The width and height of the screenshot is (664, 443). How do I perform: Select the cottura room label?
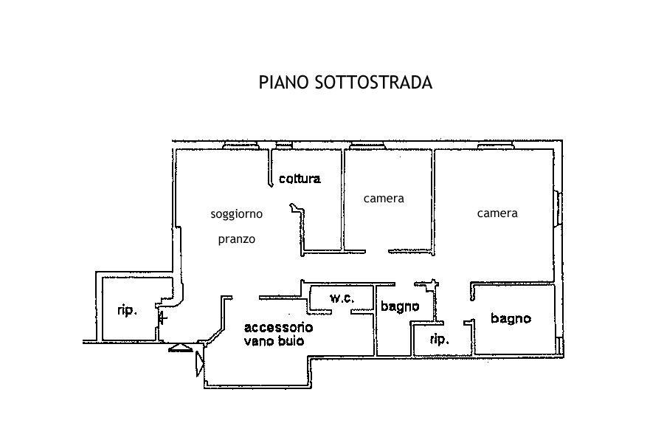click(300, 179)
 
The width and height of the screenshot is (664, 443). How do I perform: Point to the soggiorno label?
click(236, 214)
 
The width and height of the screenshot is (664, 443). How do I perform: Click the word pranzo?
click(237, 239)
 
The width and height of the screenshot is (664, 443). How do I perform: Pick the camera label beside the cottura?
click(384, 199)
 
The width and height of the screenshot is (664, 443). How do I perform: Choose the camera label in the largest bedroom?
click(497, 213)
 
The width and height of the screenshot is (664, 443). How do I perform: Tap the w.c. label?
click(342, 299)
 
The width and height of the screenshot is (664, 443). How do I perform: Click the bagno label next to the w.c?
click(400, 306)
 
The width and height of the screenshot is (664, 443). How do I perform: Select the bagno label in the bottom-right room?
click(511, 319)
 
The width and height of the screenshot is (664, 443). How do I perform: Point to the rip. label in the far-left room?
click(128, 311)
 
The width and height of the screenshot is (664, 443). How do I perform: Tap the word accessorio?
click(278, 327)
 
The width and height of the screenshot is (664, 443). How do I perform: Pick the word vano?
click(259, 342)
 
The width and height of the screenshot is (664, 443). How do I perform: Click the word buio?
click(291, 342)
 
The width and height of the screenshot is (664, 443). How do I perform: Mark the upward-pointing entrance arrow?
click(180, 348)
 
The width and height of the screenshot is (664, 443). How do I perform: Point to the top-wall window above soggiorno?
click(240, 145)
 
